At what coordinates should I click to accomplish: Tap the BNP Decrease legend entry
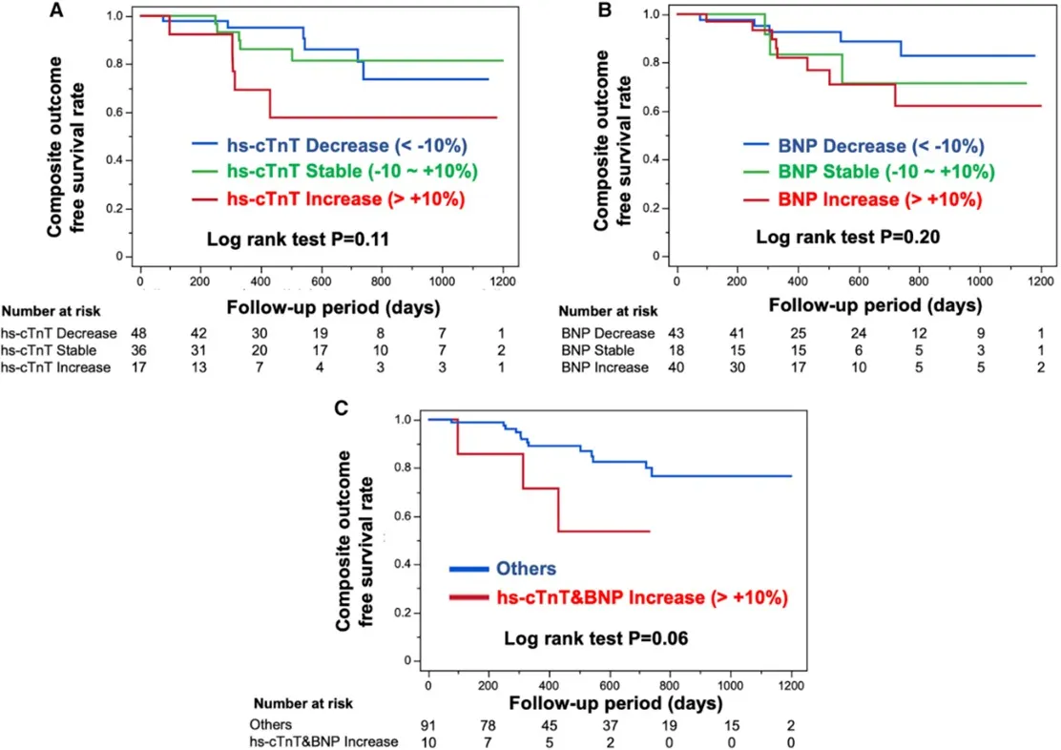[863, 146]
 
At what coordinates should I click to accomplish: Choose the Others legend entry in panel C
[526, 569]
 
